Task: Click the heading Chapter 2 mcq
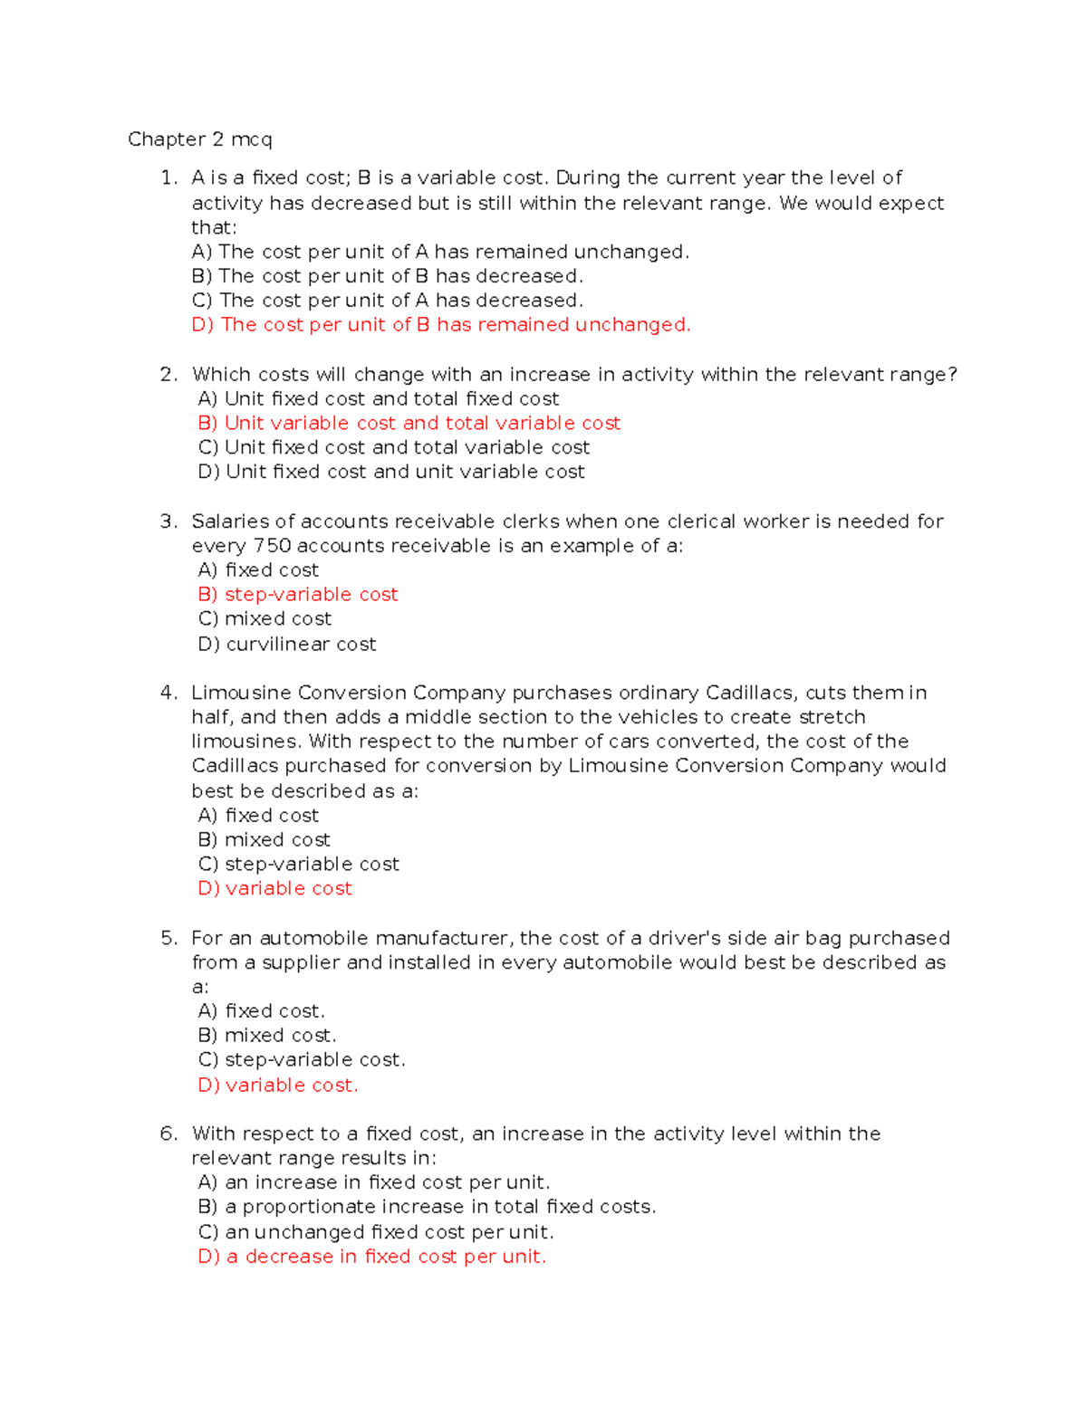tap(199, 139)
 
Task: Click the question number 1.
tap(168, 178)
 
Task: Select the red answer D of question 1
tap(440, 325)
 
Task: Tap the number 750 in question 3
tap(272, 546)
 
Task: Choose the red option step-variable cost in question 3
tap(298, 595)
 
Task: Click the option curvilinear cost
tap(287, 645)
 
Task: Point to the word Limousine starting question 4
tap(241, 693)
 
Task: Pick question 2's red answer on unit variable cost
tap(409, 424)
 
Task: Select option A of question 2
tap(378, 399)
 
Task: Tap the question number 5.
tap(168, 939)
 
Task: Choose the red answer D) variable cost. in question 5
tap(278, 1086)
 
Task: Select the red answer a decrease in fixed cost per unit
tap(371, 1257)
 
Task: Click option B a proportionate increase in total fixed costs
tap(427, 1208)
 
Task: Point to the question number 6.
tap(168, 1134)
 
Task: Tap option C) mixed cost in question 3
tap(265, 619)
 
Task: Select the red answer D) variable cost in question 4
tap(274, 889)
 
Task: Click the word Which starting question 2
tap(221, 375)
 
